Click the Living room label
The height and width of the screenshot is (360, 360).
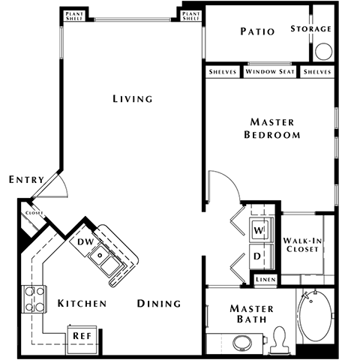pos(132,99)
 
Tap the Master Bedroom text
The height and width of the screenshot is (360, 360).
pos(272,128)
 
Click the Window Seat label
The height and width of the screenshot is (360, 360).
pos(270,72)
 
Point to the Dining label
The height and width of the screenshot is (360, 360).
pos(159,304)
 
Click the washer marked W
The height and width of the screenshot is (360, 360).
pos(258,230)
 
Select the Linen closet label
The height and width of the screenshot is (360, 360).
pos(265,280)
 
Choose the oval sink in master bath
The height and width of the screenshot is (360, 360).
pos(242,343)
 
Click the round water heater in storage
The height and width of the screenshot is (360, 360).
pos(324,51)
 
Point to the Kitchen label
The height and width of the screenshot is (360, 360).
pos(82,304)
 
